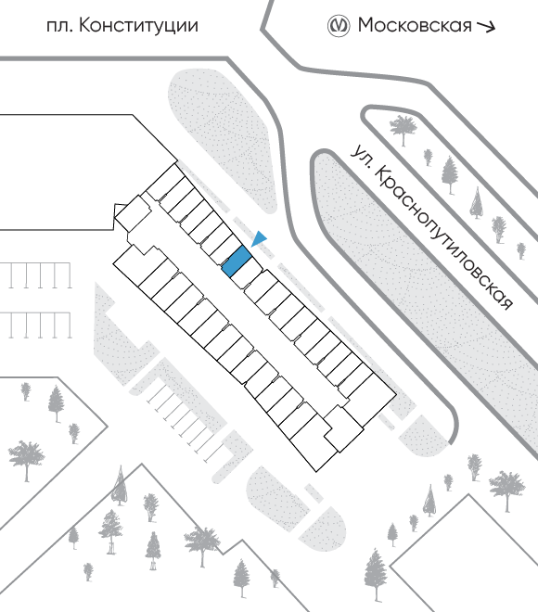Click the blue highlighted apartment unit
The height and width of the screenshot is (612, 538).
point(237,261)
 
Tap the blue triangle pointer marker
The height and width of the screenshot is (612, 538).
point(259,238)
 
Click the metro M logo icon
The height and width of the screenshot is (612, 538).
point(338,26)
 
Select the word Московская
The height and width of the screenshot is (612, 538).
point(415,25)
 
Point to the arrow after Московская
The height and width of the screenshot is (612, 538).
point(486,27)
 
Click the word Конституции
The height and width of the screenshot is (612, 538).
point(138,27)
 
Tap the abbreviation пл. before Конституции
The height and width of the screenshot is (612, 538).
point(59,27)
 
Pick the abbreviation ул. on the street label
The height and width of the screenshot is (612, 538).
point(360,156)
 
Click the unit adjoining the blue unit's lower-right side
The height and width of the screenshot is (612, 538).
point(247,274)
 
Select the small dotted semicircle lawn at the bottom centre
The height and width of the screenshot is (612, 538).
point(323,529)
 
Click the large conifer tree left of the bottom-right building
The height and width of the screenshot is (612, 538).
point(376,575)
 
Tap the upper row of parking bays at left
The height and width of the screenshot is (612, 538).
point(36,275)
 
